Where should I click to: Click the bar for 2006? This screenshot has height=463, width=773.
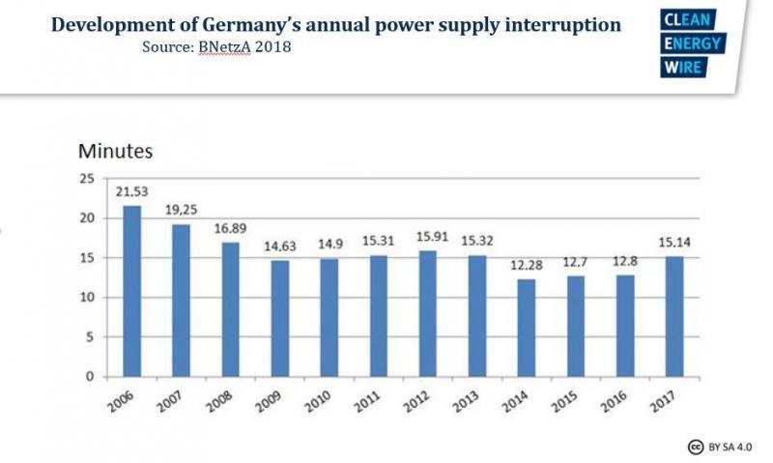(131, 291)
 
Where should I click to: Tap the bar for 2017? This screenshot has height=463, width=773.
(675, 316)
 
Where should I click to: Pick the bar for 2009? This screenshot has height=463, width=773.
(280, 318)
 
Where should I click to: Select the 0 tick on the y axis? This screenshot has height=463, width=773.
(90, 377)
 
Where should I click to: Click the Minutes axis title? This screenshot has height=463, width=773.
(115, 151)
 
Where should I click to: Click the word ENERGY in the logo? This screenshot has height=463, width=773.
(693, 44)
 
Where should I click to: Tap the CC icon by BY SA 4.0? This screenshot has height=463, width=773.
(694, 447)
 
